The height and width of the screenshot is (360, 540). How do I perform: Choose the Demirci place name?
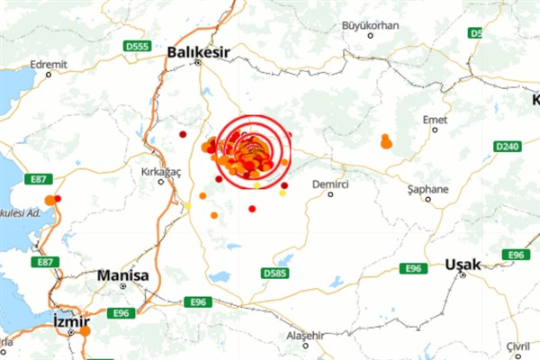point(329,183)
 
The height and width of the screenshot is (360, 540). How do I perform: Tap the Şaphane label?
point(427,190)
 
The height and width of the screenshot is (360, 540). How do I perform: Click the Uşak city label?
point(464,265)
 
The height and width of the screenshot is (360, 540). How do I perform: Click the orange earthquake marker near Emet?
point(385,141)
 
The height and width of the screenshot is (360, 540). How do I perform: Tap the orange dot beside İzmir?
point(85,331)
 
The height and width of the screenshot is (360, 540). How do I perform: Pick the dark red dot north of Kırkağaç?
point(183,134)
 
